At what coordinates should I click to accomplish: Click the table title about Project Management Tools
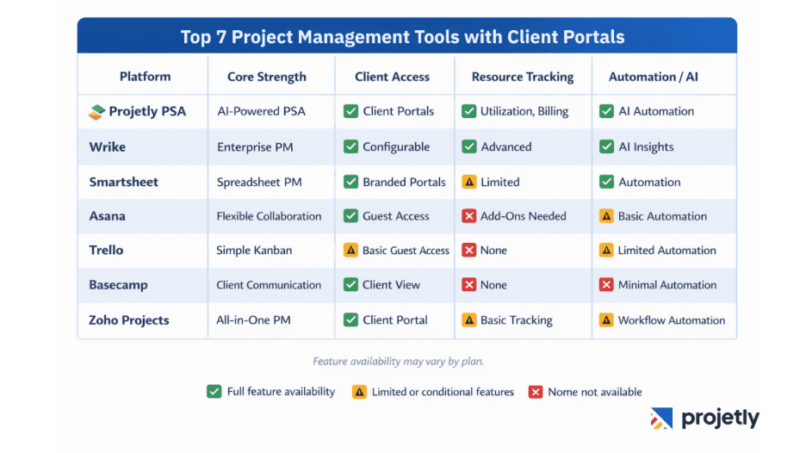[402, 37]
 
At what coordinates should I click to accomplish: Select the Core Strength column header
[266, 77]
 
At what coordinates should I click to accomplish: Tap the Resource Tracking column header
[522, 77]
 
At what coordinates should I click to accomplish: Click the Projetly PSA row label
[147, 111]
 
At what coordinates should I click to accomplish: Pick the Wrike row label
[107, 146]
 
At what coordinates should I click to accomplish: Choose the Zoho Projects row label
[128, 320]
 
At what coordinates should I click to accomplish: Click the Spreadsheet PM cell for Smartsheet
[258, 182]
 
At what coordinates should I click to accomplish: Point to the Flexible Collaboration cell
[269, 216]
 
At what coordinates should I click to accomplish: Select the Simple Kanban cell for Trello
[254, 251]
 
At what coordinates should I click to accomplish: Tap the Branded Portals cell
[404, 182]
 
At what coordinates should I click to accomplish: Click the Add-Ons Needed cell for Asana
[523, 216]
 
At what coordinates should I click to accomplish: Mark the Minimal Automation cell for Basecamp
[666, 285]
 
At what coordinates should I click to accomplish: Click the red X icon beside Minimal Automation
[606, 285]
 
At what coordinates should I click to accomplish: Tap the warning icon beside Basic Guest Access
[350, 251]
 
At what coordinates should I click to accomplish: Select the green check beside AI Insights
[606, 146]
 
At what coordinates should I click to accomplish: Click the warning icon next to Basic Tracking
[469, 320]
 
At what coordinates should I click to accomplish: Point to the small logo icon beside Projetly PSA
[96, 111]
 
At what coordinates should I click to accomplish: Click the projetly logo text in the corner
[719, 419]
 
